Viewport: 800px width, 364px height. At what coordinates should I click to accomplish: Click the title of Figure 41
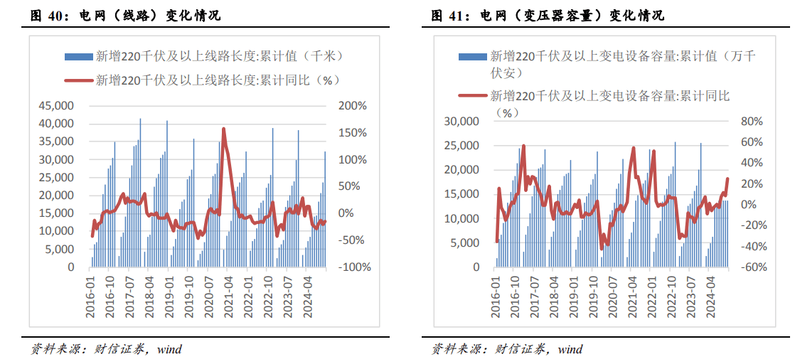(x=548, y=15)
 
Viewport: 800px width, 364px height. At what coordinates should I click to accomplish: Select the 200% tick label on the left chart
(x=352, y=106)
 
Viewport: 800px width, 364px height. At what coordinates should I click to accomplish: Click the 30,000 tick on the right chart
(x=460, y=122)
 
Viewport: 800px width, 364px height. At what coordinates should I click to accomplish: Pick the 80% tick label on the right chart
(x=751, y=122)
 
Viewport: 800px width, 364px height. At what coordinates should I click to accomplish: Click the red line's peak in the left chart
(x=223, y=129)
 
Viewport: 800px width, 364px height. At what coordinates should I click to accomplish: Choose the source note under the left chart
(x=106, y=349)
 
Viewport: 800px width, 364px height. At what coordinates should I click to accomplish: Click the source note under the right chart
(x=507, y=349)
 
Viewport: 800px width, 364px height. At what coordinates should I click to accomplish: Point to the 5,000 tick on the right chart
(x=463, y=243)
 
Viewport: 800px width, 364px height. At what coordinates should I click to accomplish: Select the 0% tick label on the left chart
(x=346, y=213)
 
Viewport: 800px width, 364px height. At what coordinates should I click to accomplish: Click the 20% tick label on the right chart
(x=751, y=184)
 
